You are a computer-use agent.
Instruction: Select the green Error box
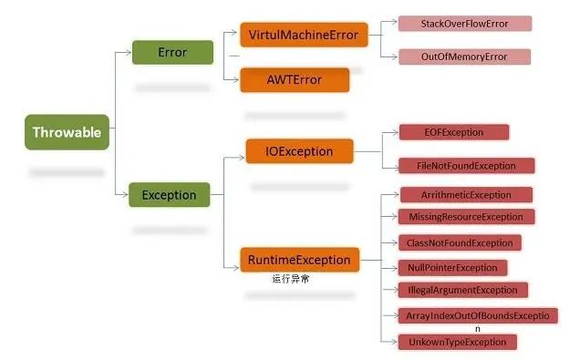172,52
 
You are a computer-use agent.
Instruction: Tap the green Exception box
170,194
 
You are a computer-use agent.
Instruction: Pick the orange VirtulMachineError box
304,36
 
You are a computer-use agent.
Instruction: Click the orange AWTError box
295,79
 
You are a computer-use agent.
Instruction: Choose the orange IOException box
301,150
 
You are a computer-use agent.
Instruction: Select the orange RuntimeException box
299,260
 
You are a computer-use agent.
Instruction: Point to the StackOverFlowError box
464,23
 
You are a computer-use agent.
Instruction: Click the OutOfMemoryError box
464,57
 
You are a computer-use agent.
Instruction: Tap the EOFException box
453,132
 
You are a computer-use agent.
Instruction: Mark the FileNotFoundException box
466,166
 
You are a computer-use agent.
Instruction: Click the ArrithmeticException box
466,195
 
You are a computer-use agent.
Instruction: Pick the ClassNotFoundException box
460,242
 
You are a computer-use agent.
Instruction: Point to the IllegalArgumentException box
462,290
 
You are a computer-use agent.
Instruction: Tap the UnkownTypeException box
457,342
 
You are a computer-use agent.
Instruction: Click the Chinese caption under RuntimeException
290,279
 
